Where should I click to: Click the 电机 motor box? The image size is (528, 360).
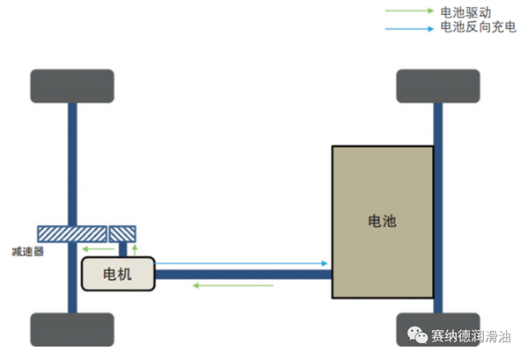118,274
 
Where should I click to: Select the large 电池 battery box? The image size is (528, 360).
383,222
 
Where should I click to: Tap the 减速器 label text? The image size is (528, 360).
27,252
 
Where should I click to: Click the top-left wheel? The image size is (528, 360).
72,86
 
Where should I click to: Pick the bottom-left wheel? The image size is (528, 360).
72,329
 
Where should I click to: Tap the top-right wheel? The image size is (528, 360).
438,86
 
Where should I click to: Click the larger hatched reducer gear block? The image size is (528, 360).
72,234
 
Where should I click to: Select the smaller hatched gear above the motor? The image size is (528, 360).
122,234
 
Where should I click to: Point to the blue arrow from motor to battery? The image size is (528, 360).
241,263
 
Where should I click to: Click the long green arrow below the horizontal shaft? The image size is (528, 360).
233,285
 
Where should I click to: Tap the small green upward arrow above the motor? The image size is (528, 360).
135,250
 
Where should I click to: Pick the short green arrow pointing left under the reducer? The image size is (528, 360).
99,249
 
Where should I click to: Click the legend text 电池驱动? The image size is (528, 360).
466,12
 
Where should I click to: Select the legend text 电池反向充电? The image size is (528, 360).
479,27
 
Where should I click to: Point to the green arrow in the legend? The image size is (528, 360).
409,11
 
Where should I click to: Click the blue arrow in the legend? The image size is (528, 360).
409,29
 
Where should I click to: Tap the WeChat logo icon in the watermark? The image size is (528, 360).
417,334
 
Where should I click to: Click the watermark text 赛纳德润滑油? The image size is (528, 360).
471,335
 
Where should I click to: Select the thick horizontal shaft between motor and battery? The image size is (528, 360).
243,275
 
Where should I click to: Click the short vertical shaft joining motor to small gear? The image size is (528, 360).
122,250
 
